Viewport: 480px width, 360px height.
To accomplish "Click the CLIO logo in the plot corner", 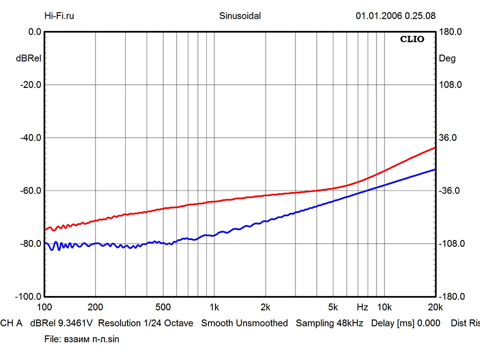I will [413, 39].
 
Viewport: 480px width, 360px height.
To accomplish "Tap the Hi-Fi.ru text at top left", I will [59, 16].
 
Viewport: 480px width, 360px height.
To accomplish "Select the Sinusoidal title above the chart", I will [240, 16].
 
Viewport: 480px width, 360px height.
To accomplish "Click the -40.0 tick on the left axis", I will [30, 138].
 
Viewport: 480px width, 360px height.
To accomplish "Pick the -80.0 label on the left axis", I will [30, 244].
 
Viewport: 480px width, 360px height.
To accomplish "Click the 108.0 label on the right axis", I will [450, 85].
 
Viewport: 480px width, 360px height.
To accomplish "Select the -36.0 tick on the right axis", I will [450, 191].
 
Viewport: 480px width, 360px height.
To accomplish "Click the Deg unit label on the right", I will [447, 59].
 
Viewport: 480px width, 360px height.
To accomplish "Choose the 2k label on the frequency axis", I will [266, 307].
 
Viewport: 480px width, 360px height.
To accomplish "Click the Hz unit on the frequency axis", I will [362, 307].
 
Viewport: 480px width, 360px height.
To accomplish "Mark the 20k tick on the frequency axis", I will [435, 307].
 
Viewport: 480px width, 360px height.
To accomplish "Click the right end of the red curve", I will [435, 148].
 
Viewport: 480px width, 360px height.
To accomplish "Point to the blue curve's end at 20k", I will [435, 170].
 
